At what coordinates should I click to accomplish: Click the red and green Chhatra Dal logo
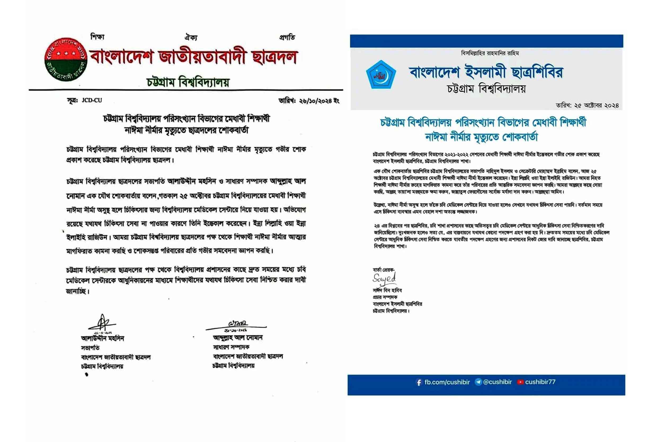point(66,59)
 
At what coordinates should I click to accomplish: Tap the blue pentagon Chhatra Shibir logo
point(381,75)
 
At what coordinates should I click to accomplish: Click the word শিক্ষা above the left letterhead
point(97,37)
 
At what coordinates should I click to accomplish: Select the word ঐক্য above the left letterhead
point(191,37)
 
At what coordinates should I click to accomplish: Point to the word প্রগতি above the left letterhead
point(287,37)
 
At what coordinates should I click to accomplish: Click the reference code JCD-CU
point(92,100)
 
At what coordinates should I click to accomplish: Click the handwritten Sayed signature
point(384,279)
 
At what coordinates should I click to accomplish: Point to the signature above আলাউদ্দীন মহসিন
point(102,323)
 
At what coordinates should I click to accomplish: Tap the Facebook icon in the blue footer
point(419,383)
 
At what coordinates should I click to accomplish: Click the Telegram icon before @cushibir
point(478,382)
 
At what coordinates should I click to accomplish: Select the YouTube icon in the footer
point(520,382)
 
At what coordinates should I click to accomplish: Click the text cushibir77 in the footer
point(540,382)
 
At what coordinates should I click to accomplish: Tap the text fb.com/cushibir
point(447,382)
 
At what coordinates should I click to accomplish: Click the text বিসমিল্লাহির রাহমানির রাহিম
point(490,53)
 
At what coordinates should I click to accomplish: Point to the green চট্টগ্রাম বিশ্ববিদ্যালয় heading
point(188,82)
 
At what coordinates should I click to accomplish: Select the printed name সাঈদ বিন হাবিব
point(387,290)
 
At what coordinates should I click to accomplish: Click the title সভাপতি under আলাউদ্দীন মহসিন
point(90,348)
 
